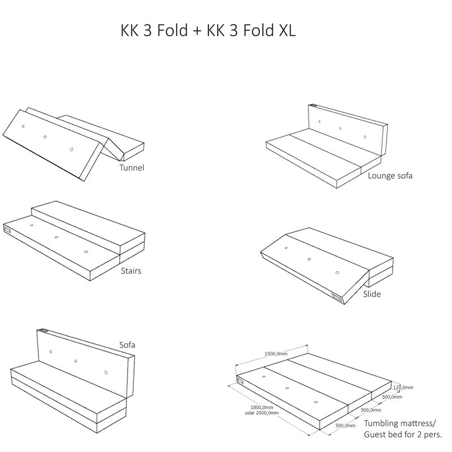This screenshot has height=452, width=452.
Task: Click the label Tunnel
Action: pos(132,167)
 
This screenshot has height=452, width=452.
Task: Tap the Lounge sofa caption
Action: pos(390,175)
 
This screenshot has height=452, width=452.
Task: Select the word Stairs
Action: pos(131,271)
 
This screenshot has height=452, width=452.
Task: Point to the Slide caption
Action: pos(372,294)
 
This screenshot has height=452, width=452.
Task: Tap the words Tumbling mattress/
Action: pos(400,423)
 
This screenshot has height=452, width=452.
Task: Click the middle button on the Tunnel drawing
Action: pos(45,136)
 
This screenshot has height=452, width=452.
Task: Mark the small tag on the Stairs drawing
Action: pos(7,229)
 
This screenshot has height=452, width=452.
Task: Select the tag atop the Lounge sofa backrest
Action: pos(314,106)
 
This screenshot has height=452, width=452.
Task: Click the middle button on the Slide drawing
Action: pos(309,259)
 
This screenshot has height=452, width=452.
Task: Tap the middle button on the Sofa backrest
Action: pos(76,360)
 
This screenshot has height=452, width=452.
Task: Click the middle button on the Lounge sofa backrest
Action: pos(340,128)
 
